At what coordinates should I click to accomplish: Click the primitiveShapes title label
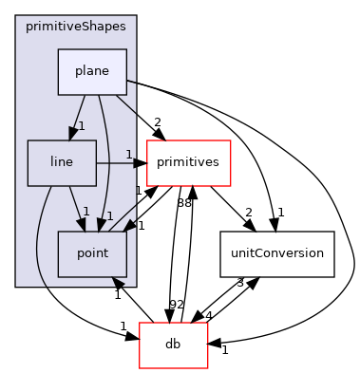(75, 27)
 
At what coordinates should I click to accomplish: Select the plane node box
(92, 71)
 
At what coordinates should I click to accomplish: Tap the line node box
(62, 162)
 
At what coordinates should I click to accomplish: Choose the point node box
(92, 253)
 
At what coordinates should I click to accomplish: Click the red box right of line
(189, 162)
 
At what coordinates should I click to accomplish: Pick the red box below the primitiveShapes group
(174, 345)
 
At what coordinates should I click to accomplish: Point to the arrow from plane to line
(78, 114)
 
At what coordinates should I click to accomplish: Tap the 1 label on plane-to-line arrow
(82, 126)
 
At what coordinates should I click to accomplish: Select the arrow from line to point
(76, 204)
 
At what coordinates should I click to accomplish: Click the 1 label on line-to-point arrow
(85, 212)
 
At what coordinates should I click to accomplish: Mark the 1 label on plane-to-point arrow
(110, 216)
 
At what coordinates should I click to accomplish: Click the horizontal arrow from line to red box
(119, 163)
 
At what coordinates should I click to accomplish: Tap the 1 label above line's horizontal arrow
(129, 154)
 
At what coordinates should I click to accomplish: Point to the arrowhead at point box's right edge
(130, 226)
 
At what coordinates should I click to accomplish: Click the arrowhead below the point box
(116, 283)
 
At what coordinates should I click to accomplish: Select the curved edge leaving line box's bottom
(39, 237)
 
